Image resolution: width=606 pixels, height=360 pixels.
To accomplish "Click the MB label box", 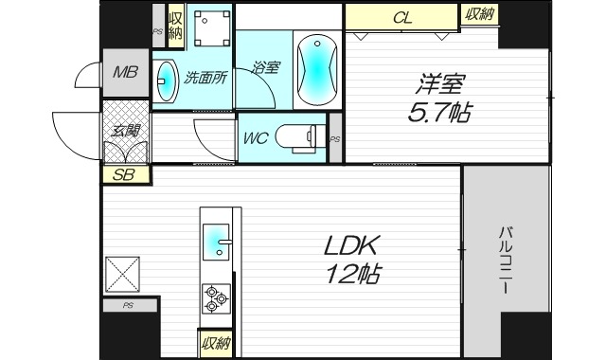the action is pos(125,73).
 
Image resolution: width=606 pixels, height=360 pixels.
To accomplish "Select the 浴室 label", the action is pos(265,67).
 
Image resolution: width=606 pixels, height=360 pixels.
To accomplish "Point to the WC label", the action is pos(257,138).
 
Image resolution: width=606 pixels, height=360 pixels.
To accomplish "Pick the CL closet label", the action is pos(401,16).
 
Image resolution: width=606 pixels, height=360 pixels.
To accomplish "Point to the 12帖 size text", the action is pos(352,277).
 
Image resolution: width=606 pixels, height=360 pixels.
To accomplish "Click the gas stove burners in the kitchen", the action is pos(216,299).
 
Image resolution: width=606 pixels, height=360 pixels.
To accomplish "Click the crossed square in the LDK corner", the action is pos(124,275).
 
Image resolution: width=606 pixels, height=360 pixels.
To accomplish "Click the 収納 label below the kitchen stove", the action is pos(216,343).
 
